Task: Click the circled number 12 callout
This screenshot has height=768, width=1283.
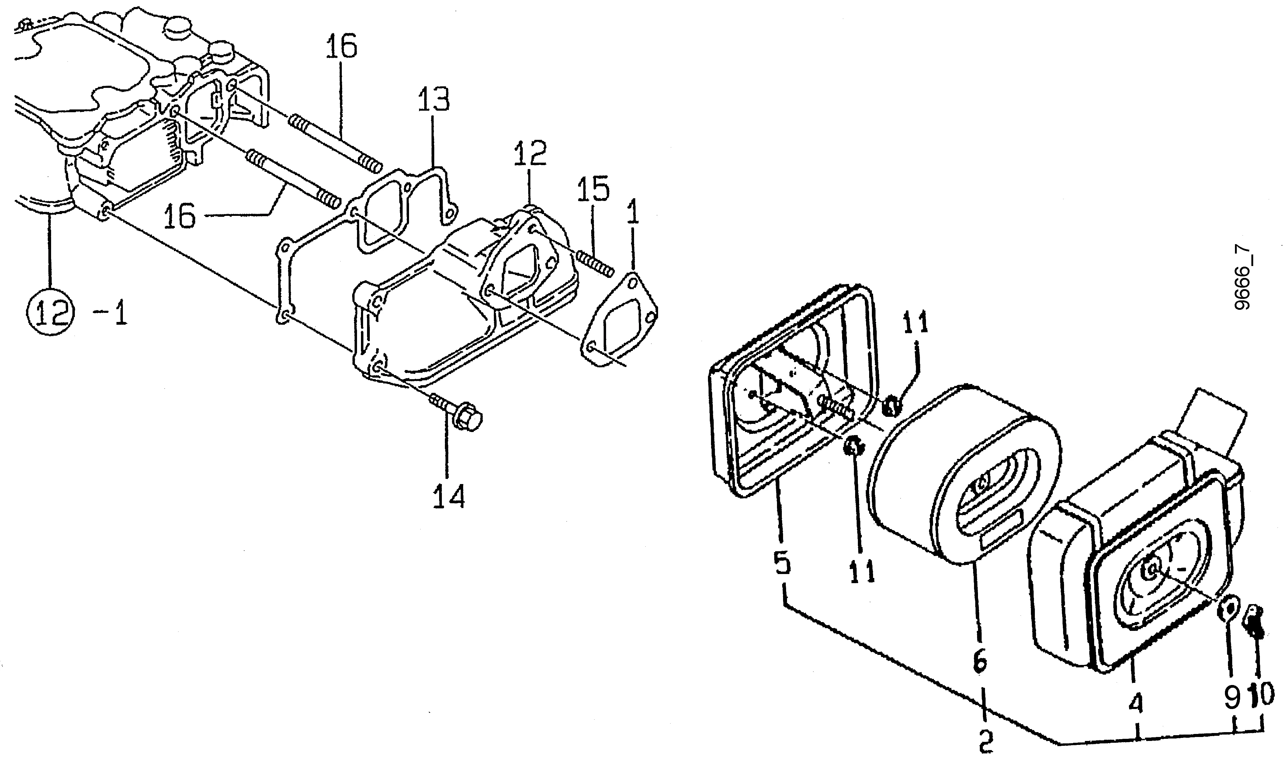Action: (51, 312)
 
